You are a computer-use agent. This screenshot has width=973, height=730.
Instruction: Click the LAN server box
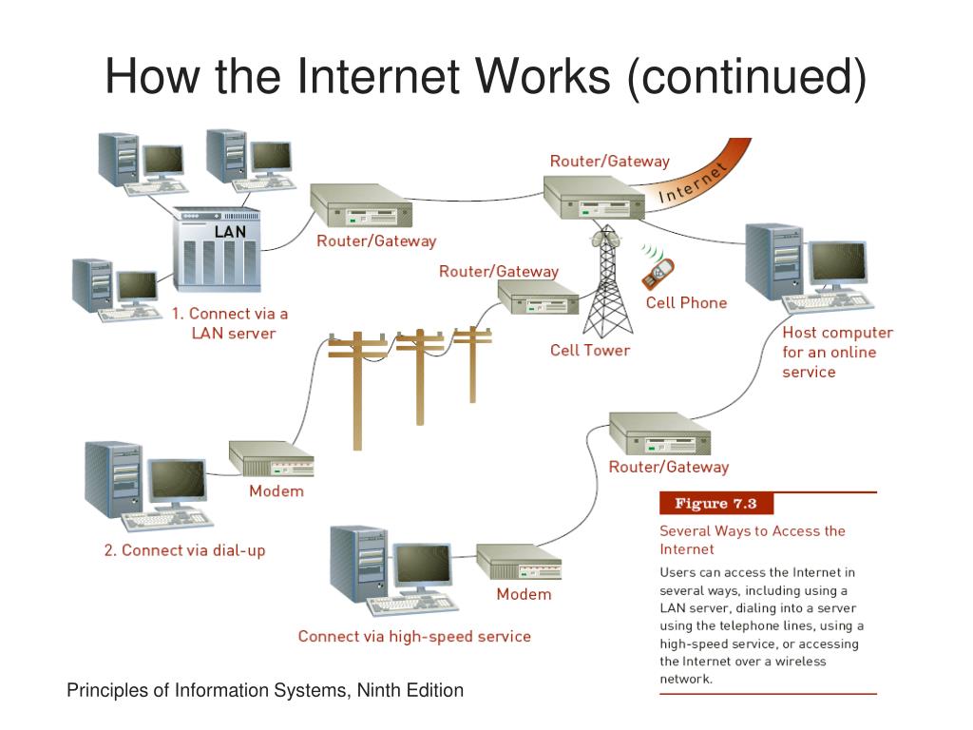(x=217, y=251)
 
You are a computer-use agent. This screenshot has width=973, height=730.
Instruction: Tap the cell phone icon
(x=658, y=272)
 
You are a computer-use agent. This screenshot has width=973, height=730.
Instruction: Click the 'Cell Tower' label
(x=590, y=350)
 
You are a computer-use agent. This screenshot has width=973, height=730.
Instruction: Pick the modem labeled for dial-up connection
(x=272, y=460)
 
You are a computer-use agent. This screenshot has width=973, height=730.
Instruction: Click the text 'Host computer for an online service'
(x=836, y=353)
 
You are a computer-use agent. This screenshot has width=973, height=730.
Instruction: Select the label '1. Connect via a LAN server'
(x=230, y=323)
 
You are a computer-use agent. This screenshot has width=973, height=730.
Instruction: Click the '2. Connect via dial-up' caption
(x=184, y=550)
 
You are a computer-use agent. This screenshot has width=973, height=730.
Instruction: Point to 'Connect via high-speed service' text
(x=414, y=636)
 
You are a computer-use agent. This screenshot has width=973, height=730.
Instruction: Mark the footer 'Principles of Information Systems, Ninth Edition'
(x=265, y=691)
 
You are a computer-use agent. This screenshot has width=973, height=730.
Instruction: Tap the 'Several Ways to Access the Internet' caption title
(x=752, y=540)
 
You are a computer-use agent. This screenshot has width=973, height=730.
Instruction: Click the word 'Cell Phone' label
(x=686, y=303)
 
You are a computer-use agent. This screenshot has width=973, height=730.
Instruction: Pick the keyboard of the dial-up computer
(x=164, y=521)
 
